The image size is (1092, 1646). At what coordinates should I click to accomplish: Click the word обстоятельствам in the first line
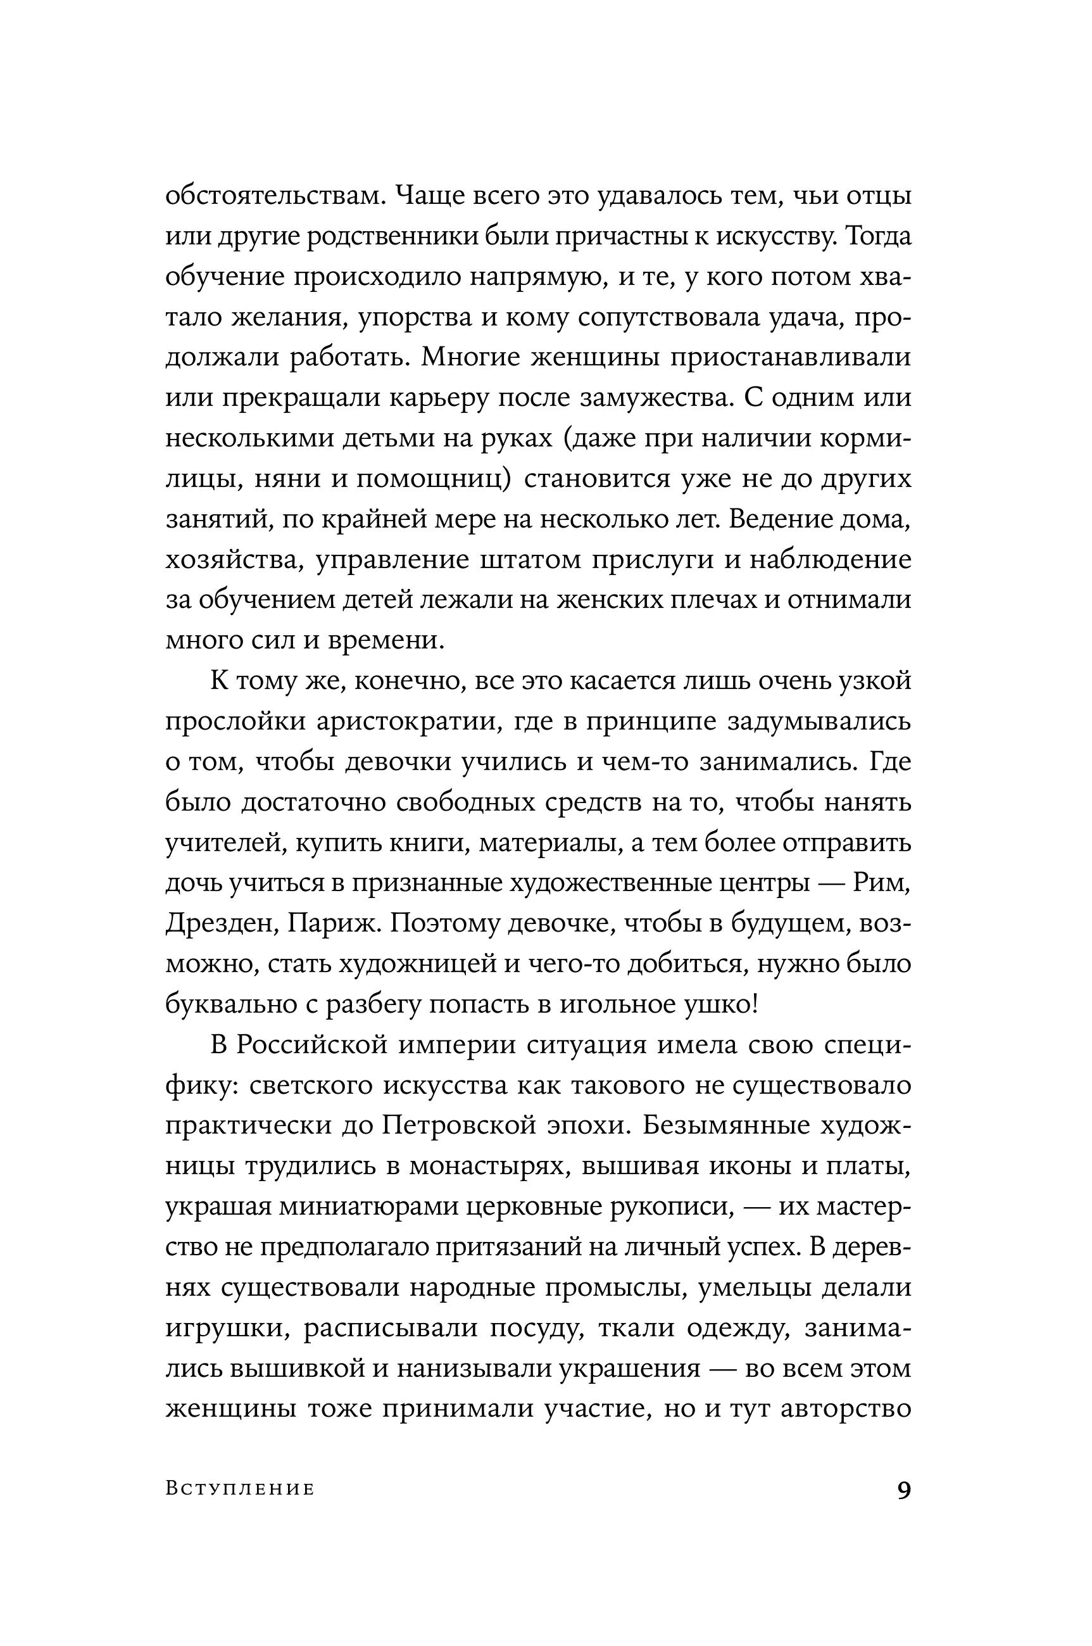click(273, 197)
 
